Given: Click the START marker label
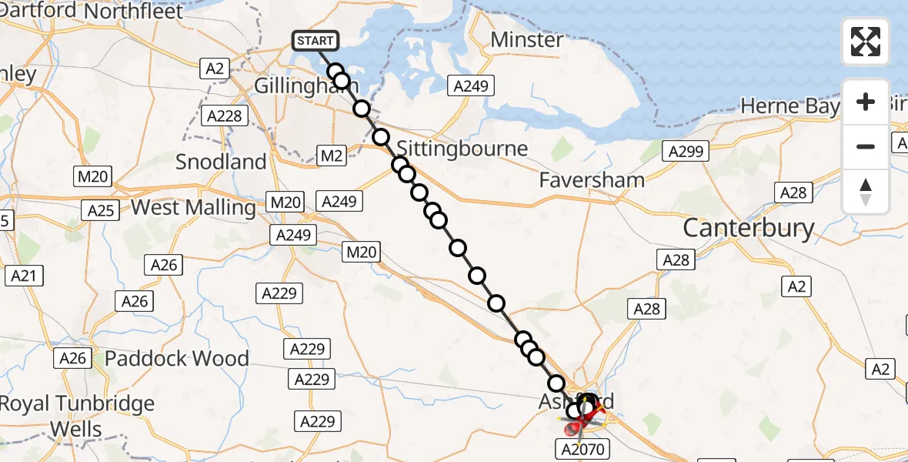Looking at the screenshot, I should [315, 41].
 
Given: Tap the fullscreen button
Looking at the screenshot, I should [866, 42].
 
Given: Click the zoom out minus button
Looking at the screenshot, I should [866, 146].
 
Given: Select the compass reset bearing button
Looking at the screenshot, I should [866, 192].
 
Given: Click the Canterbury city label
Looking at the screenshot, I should [748, 228].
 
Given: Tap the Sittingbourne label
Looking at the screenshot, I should [462, 148].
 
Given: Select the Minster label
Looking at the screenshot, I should [527, 40].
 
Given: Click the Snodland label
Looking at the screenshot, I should [221, 162].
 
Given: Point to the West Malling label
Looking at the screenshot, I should [193, 208].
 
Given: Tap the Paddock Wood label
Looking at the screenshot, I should [177, 358].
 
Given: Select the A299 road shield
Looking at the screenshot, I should [686, 152].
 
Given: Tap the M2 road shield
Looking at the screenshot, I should [332, 156].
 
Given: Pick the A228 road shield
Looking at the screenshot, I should [225, 116].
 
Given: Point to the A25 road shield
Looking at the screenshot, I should [101, 211].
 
